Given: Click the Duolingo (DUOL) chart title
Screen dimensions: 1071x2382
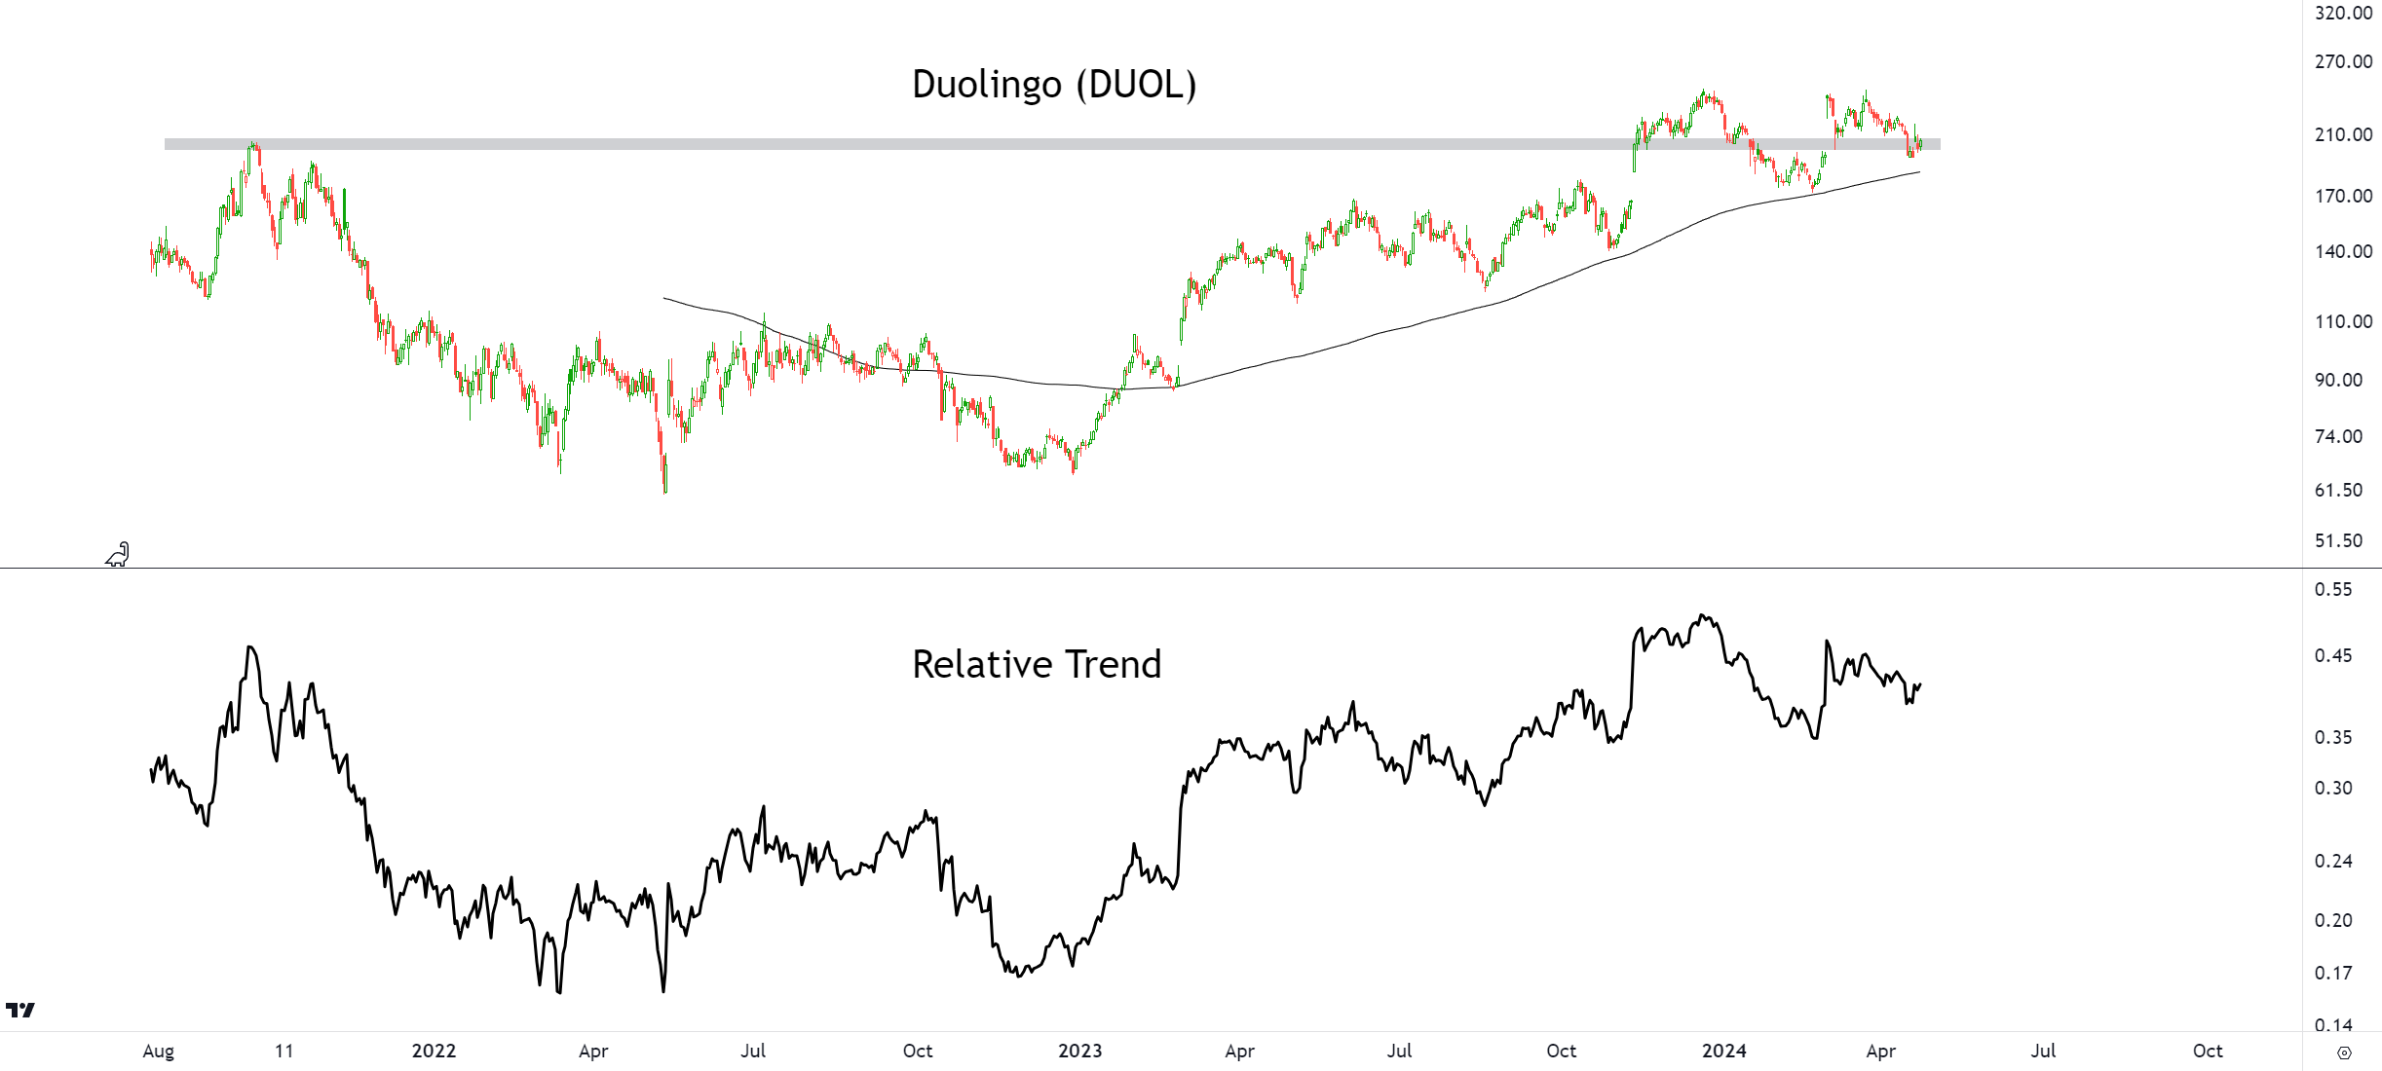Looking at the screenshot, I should click(x=1053, y=85).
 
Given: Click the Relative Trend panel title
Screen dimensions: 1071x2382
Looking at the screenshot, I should click(x=1037, y=665).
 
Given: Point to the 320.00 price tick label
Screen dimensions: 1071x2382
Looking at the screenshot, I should click(x=2343, y=13).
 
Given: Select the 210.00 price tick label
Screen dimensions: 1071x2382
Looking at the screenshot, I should click(x=2343, y=134).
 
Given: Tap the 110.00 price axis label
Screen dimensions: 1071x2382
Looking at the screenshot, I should click(x=2343, y=321).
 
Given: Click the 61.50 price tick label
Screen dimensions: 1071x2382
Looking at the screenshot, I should click(x=2338, y=490).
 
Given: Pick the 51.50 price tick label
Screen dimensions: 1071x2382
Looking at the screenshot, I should click(x=2338, y=540).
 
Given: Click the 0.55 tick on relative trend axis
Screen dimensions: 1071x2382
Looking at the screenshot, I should click(x=2333, y=589).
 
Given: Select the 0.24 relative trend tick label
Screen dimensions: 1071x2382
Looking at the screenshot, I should click(x=2333, y=861).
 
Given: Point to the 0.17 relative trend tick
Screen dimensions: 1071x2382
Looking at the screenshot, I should click(x=2333, y=973).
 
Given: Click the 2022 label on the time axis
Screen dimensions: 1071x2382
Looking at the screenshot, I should click(x=434, y=1051).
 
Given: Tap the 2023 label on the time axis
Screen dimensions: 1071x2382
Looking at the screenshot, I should click(x=1079, y=1051).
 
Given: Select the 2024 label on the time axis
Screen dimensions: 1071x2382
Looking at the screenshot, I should click(x=1723, y=1051).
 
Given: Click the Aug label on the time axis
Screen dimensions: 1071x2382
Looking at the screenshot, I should click(x=159, y=1051).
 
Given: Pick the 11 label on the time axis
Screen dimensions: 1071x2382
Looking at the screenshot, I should click(x=284, y=1051).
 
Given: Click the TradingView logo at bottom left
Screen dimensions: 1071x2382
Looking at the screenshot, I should click(x=19, y=1010).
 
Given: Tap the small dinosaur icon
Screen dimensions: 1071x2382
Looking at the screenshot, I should click(x=118, y=554).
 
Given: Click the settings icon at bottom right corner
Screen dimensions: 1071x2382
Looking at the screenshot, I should click(x=2344, y=1053).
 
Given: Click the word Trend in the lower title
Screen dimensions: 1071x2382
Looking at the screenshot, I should click(x=1115, y=665).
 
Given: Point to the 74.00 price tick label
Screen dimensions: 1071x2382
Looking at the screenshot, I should click(x=2338, y=436).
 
